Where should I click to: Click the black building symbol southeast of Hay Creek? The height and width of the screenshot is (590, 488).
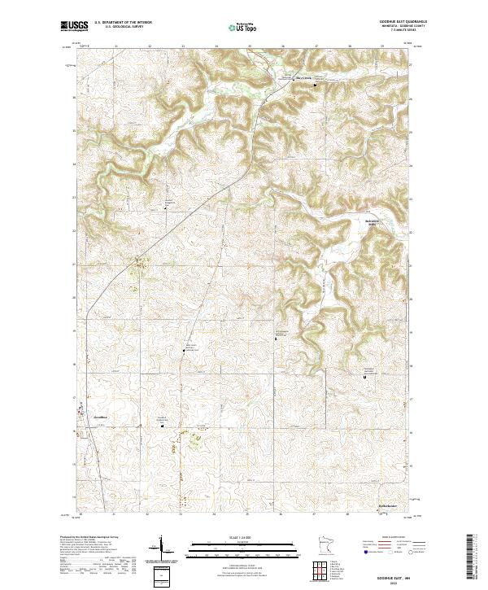[x=316, y=83]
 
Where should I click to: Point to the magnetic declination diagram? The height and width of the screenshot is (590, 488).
[x=160, y=551]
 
